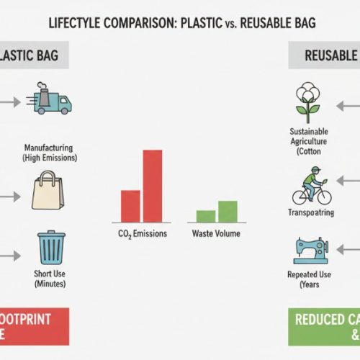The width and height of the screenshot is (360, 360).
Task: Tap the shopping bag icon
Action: (50, 191)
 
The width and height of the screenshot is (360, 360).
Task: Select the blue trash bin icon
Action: (50, 248)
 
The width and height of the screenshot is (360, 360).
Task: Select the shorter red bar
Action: (130, 206)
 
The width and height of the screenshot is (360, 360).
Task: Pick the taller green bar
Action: (228, 211)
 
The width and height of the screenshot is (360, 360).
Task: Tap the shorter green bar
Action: (205, 216)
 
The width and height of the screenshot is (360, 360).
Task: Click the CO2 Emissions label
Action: (142, 234)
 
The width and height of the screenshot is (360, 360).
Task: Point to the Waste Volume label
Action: (216, 234)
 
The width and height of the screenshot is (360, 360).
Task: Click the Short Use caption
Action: (50, 278)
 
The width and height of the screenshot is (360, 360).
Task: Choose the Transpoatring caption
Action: (311, 213)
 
